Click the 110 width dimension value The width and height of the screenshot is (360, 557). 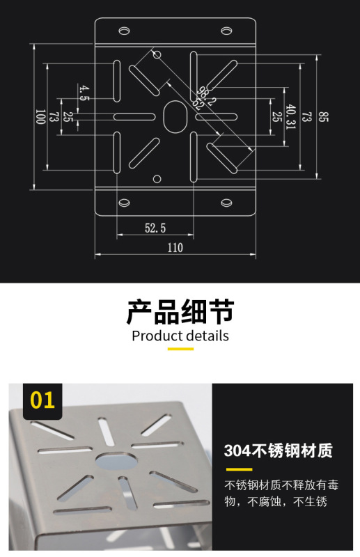pos(175,247)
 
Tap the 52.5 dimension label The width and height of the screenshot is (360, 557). pos(155,228)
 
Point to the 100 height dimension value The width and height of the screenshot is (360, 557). pos(40,116)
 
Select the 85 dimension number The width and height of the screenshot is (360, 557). pos(323,117)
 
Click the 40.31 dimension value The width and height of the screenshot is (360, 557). pos(290,116)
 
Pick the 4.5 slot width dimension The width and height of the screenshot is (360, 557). pos(84,93)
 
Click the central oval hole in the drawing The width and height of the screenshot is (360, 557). pos(175,116)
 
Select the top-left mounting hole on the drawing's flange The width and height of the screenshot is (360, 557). pos(124,31)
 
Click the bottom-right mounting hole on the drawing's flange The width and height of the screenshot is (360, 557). pos(227,203)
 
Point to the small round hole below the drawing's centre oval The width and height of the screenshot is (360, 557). pos(157,179)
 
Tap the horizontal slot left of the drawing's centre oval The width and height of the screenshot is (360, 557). pos(134,116)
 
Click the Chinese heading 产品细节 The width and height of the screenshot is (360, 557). pos(180,312)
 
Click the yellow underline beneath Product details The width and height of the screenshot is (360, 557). pos(180,349)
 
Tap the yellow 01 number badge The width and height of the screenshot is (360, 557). pos(42,400)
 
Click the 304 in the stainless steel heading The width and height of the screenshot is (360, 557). pos(237,451)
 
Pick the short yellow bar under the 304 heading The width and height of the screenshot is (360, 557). pos(239,469)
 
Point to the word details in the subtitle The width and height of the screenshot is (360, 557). pos(208,336)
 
